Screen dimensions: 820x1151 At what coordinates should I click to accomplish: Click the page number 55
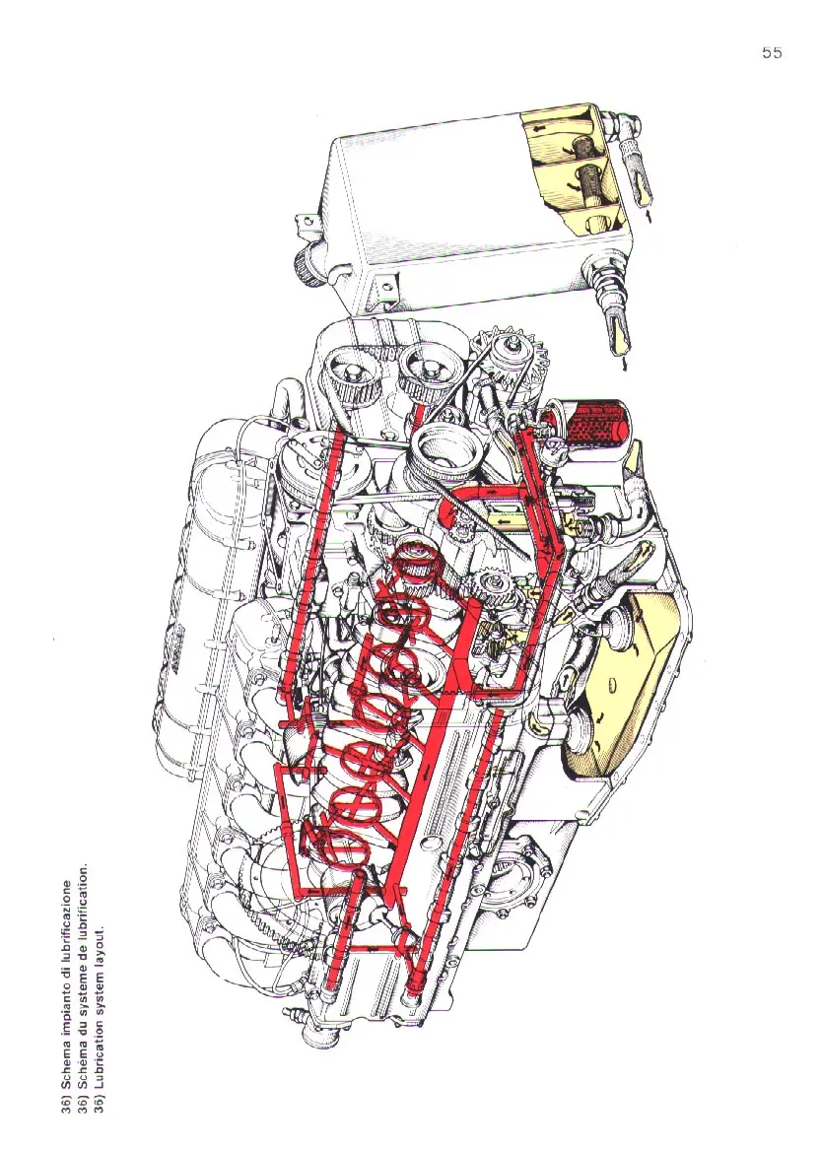[x=772, y=53]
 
